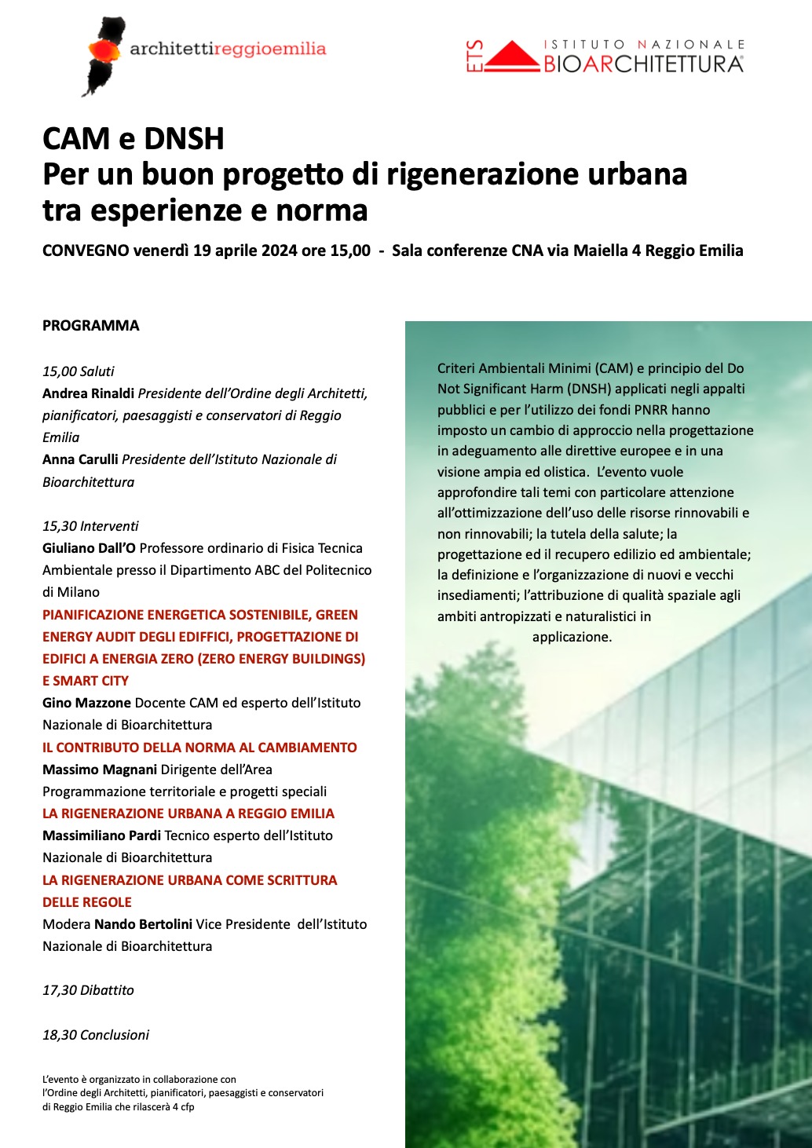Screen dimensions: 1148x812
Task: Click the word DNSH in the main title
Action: tap(184, 139)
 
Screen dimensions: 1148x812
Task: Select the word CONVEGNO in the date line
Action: tap(86, 250)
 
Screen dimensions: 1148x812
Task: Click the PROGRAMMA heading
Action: tap(90, 325)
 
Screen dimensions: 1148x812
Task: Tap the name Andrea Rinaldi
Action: tap(88, 393)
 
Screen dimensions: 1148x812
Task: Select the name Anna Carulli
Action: tap(80, 459)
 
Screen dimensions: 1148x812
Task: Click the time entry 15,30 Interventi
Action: tap(90, 525)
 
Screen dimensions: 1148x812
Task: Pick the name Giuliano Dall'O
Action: tap(89, 548)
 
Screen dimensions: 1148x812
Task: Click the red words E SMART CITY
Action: tap(86, 681)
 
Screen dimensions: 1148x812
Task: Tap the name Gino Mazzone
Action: tap(86, 703)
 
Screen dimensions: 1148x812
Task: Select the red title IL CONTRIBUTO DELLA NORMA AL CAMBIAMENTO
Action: tap(199, 748)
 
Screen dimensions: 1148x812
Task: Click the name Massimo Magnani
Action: tap(100, 770)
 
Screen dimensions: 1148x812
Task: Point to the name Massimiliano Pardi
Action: tap(101, 835)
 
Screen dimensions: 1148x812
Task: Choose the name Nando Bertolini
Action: tap(143, 924)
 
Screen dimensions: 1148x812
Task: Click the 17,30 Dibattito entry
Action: tap(88, 990)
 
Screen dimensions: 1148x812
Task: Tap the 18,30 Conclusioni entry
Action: tap(96, 1035)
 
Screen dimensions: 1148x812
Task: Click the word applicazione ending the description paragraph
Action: tap(571, 637)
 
